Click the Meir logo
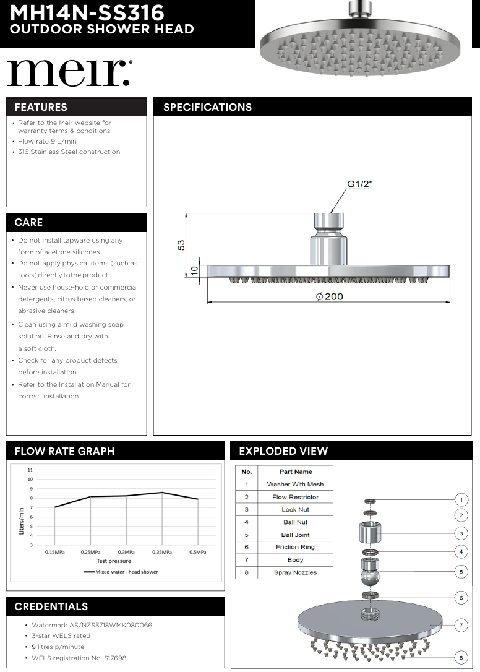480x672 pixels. pyautogui.click(x=69, y=73)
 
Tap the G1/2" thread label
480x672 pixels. pyautogui.click(x=359, y=184)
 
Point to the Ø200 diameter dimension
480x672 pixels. pyautogui.click(x=329, y=296)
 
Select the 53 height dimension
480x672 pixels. pyautogui.click(x=181, y=245)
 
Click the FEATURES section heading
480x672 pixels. pyautogui.click(x=41, y=107)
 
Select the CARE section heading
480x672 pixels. pyautogui.click(x=28, y=222)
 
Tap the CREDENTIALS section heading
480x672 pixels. pyautogui.click(x=51, y=606)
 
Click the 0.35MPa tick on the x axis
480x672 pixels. pyautogui.click(x=162, y=552)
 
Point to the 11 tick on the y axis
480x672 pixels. pyautogui.click(x=30, y=470)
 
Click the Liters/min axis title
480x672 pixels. pyautogui.click(x=21, y=520)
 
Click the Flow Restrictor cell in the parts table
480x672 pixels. pyautogui.click(x=295, y=497)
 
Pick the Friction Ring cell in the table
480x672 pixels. pyautogui.click(x=295, y=547)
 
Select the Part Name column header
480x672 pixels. pyautogui.click(x=295, y=472)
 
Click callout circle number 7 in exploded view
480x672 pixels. pyautogui.click(x=461, y=626)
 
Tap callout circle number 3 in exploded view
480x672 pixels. pyautogui.click(x=461, y=533)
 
